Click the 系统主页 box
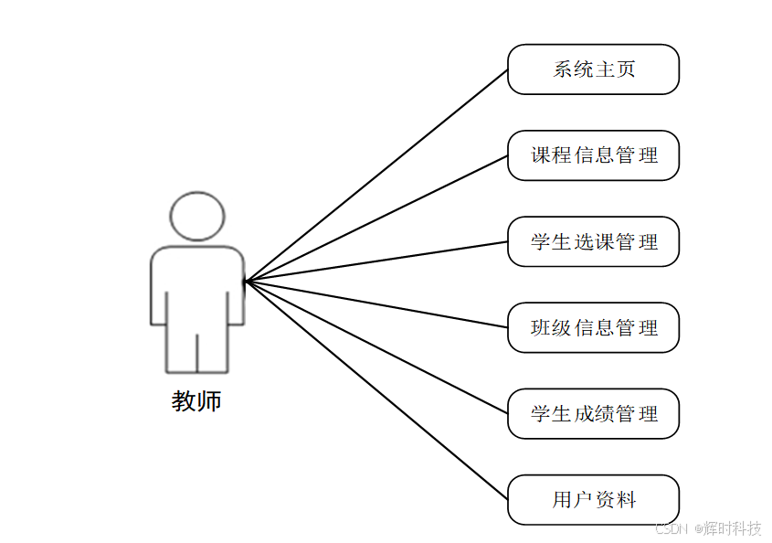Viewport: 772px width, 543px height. click(593, 69)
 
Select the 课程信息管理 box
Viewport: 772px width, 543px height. click(593, 155)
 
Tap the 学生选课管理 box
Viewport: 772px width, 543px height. click(593, 241)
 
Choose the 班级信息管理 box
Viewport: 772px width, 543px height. click(593, 327)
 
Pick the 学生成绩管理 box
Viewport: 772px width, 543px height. click(593, 413)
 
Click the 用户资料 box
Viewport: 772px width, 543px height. click(593, 499)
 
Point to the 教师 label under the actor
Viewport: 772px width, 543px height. click(196, 401)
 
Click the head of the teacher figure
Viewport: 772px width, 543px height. click(196, 216)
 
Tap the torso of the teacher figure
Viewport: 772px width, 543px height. click(196, 283)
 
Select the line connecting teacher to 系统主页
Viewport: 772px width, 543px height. click(375, 176)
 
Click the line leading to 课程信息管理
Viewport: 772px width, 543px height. click(375, 218)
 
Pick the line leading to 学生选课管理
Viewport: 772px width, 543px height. click(375, 261)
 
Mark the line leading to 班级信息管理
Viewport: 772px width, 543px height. click(375, 304)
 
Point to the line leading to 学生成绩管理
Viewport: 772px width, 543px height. click(375, 347)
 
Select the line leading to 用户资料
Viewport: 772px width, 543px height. click(375, 390)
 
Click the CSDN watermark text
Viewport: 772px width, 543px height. click(672, 528)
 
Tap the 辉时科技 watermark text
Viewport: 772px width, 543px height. click(732, 528)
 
